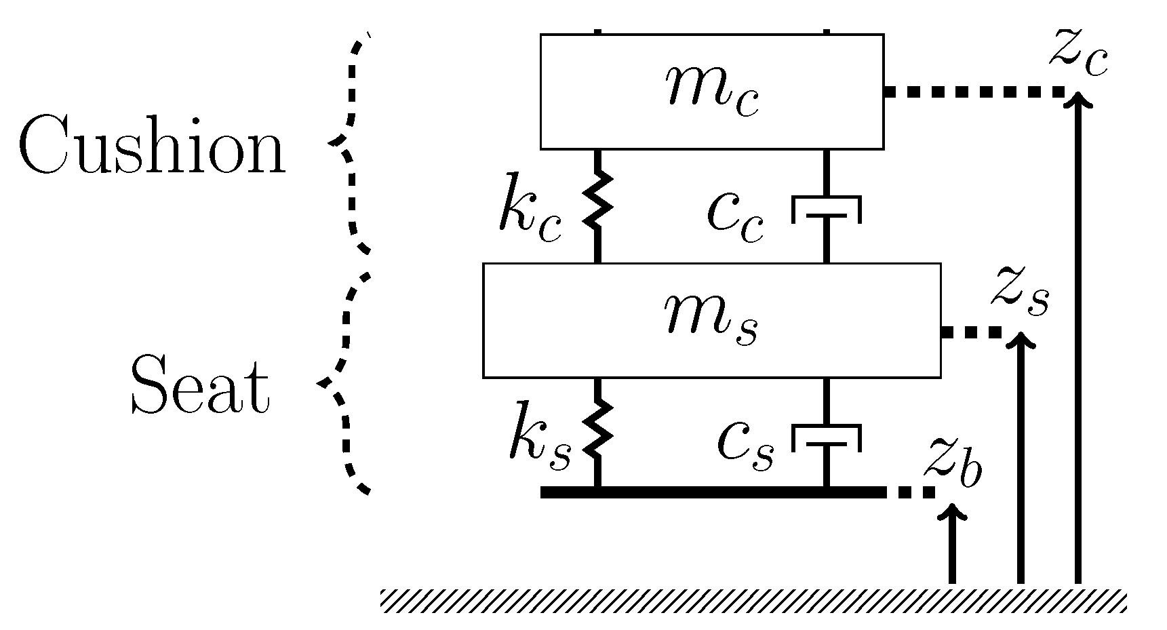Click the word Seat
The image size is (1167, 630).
[200, 387]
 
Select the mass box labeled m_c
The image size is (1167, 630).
[711, 92]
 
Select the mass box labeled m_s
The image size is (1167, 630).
[711, 320]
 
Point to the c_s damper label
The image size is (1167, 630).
[745, 447]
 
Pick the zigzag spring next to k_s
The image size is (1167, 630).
[597, 429]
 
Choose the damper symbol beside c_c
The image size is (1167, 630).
[827, 210]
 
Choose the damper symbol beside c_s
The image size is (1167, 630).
[827, 438]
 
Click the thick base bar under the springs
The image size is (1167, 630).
[712, 492]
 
